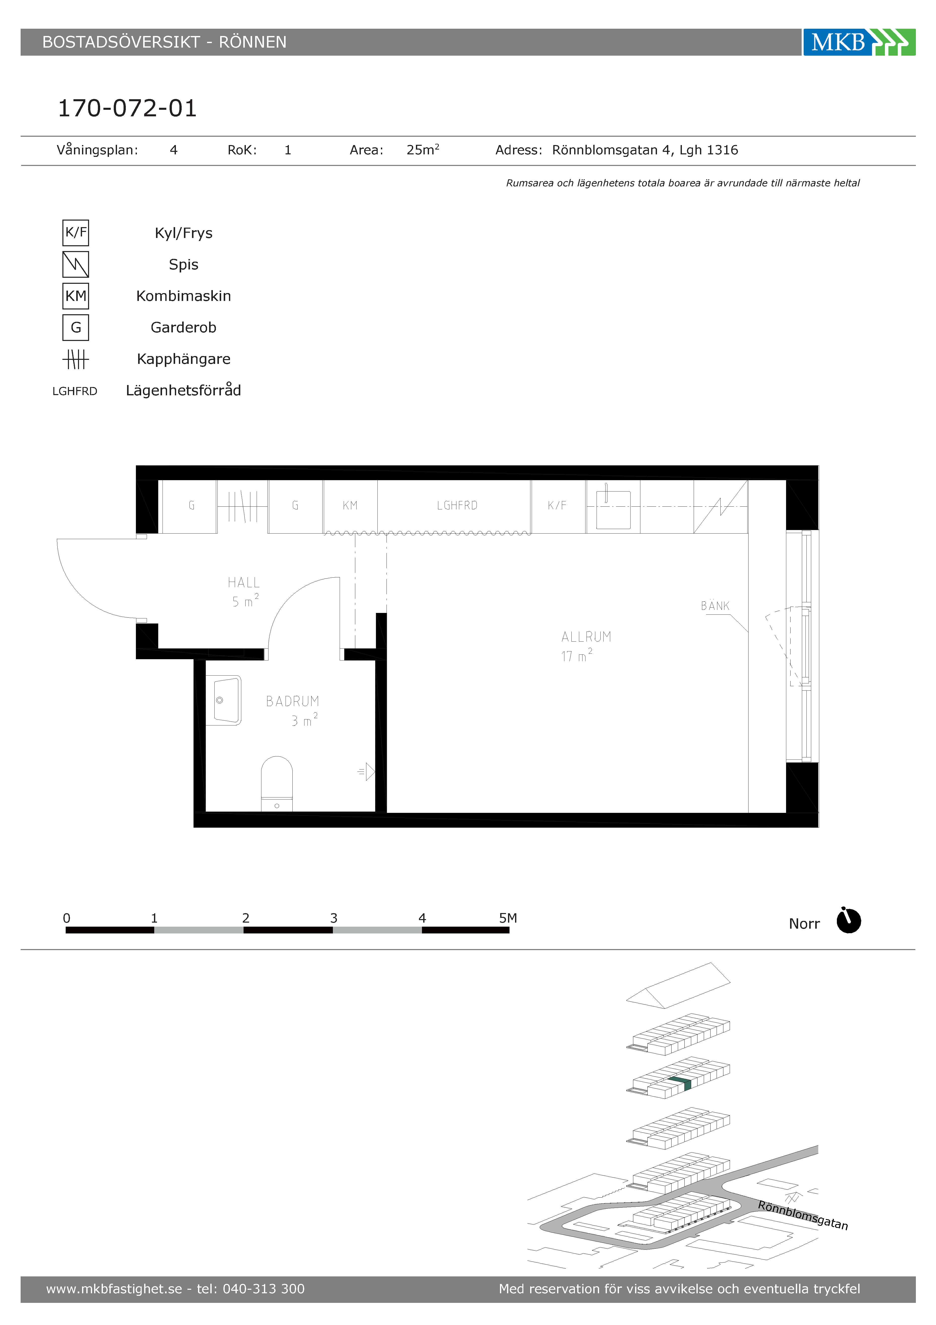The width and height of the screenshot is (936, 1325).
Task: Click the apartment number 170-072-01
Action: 128,108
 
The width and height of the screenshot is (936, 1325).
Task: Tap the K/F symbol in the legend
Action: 75,233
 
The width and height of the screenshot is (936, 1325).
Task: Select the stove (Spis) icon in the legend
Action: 75,264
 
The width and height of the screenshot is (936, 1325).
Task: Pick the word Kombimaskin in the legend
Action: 183,296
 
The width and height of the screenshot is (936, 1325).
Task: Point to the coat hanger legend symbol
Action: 75,360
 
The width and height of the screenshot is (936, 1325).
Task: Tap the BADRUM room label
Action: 292,701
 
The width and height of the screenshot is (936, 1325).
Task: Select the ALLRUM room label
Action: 586,637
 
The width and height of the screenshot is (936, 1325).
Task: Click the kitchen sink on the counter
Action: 613,508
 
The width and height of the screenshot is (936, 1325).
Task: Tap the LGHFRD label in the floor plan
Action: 457,506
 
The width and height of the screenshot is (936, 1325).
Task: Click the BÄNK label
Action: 715,606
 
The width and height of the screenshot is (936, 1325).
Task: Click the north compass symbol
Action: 848,920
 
